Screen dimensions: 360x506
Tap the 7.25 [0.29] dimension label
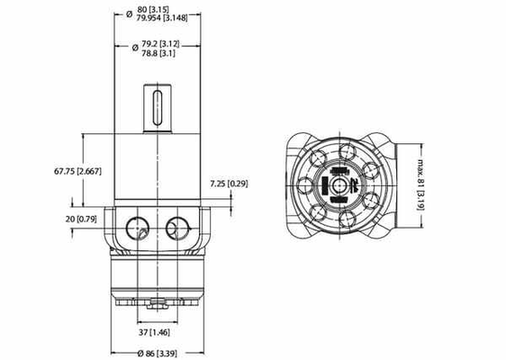tap(229, 184)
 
